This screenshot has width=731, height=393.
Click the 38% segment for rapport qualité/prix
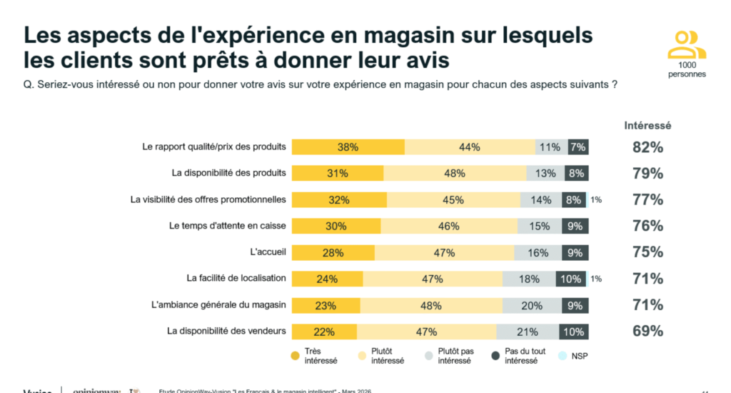[348, 147]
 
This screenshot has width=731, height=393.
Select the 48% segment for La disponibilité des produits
[455, 174]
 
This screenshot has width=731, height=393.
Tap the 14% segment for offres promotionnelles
[541, 200]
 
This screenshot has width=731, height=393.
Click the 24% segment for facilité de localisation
[327, 279]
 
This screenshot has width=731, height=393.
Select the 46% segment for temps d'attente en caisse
[449, 227]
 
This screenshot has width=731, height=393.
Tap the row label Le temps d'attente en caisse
[227, 226]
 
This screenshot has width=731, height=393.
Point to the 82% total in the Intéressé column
[647, 148]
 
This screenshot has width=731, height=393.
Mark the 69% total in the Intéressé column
[647, 332]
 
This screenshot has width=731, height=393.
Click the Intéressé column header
[647, 126]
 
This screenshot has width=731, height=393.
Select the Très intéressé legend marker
[295, 355]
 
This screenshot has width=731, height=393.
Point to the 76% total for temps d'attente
[647, 227]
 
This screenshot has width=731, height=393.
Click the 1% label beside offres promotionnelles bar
[596, 200]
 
